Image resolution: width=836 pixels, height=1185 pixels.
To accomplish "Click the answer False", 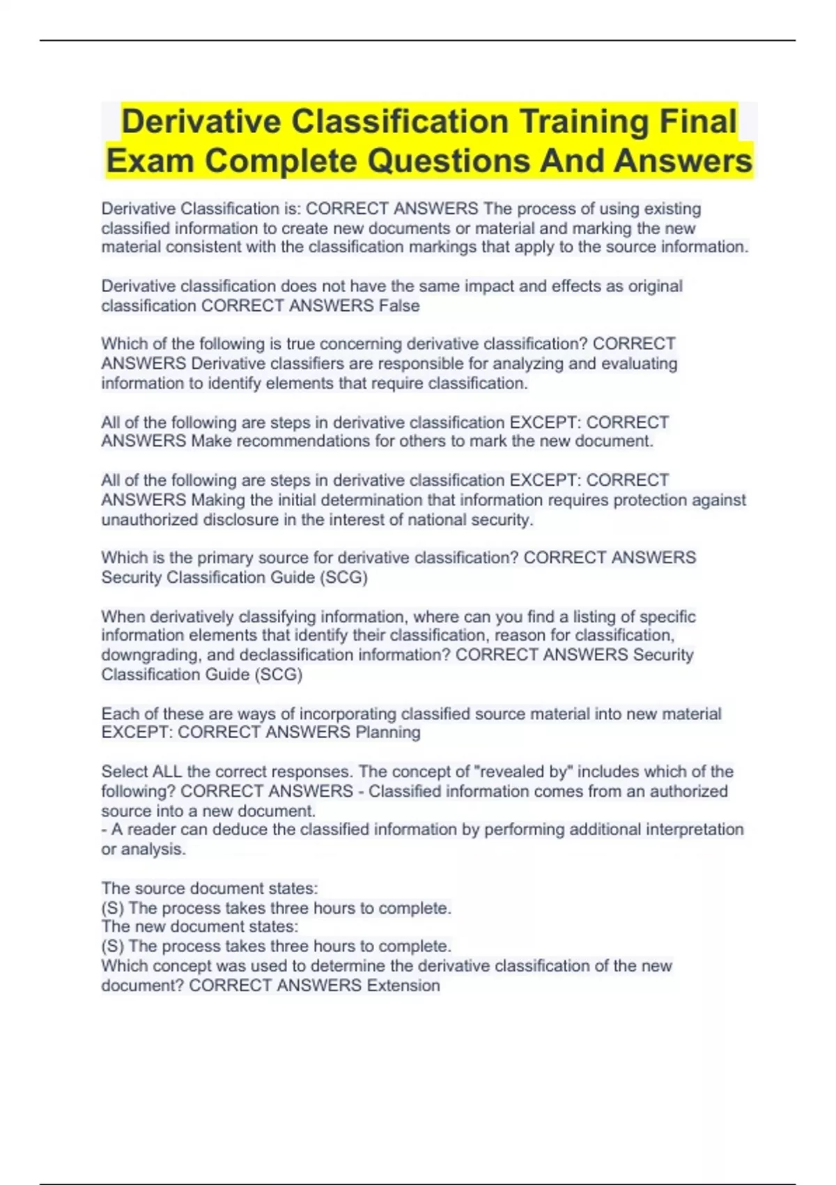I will click(399, 306).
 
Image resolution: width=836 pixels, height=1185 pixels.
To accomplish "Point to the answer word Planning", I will click(388, 733).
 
